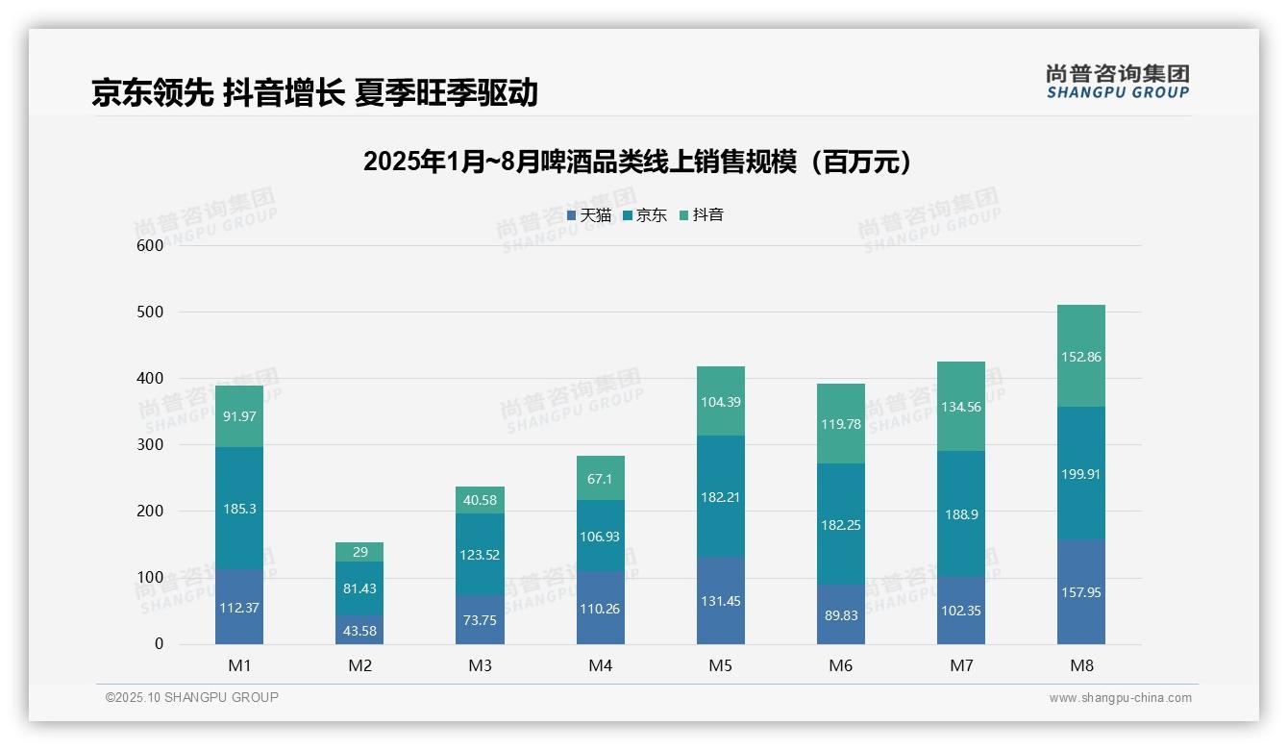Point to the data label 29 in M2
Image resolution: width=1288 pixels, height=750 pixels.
coord(359,552)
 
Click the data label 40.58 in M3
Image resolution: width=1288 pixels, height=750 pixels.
coord(481,499)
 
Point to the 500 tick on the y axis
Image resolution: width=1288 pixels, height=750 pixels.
coord(150,312)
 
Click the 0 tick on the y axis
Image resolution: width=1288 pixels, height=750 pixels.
coord(160,644)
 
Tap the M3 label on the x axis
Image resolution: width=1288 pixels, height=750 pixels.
coord(481,665)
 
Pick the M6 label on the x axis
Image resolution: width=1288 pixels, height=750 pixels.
coord(841,665)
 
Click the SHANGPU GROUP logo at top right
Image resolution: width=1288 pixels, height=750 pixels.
coord(1117,82)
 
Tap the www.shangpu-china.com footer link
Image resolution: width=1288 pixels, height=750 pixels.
coord(1120,698)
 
